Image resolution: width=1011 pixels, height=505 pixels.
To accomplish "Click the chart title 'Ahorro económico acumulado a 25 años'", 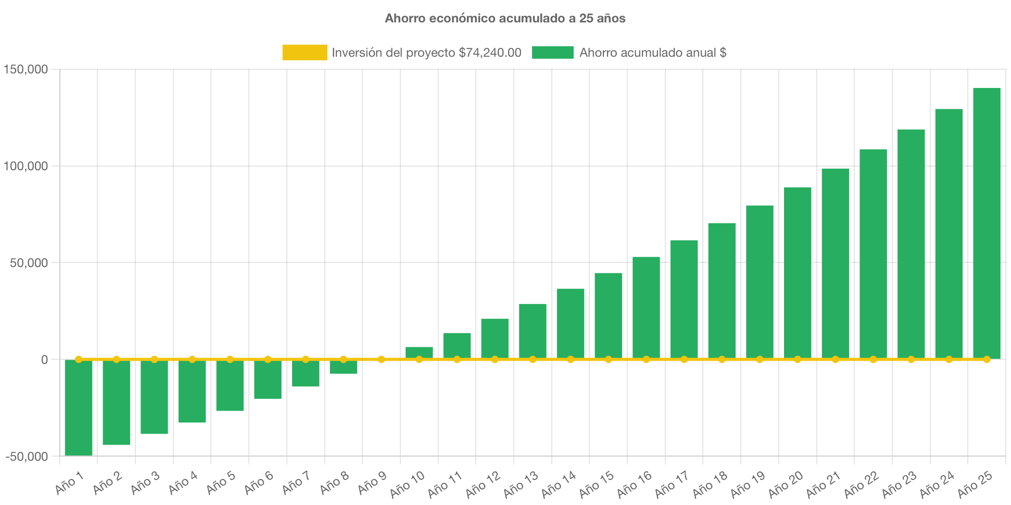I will [505, 18].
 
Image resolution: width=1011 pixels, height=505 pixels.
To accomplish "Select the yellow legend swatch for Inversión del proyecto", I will [305, 53].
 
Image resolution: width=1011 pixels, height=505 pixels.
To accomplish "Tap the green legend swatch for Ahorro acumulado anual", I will [552, 53].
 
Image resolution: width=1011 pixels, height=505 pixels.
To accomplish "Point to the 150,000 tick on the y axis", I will [26, 69].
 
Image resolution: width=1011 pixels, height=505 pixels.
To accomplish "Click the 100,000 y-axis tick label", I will [26, 166].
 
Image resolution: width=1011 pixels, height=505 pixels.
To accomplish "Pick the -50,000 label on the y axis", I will [27, 457].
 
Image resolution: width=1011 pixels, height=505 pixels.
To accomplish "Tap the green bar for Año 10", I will [419, 352].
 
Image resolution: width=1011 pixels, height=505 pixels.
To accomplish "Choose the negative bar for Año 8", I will [344, 367].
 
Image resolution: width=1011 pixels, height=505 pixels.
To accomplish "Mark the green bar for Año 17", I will [684, 299].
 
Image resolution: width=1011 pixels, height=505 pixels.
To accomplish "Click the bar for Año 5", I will [230, 385].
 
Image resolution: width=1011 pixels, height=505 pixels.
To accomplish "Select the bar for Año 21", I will [836, 263].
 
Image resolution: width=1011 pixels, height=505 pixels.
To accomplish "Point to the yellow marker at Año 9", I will [382, 359].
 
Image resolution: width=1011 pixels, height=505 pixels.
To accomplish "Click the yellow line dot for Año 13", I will [533, 359].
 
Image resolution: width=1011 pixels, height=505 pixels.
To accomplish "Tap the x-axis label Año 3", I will [145, 483].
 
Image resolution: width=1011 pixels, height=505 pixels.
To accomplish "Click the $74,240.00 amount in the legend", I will [490, 53].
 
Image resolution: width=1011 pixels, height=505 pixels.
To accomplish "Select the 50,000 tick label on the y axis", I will [29, 263].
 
